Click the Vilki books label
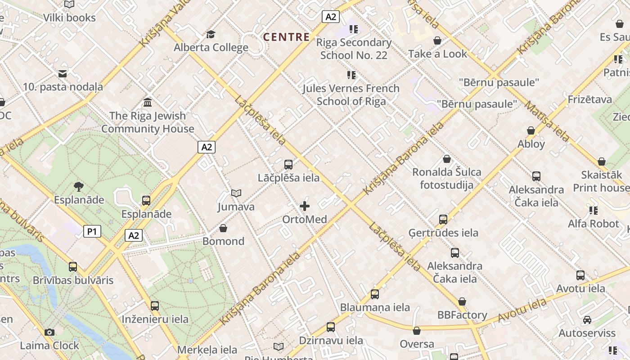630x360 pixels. click(x=69, y=18)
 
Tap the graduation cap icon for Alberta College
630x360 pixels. click(x=211, y=34)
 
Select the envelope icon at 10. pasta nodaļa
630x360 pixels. click(x=63, y=73)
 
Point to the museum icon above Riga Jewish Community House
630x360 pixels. click(x=148, y=103)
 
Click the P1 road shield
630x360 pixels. click(x=92, y=232)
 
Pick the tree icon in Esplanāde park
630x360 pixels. click(x=79, y=186)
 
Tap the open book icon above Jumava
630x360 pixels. click(x=236, y=193)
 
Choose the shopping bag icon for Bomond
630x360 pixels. click(x=223, y=228)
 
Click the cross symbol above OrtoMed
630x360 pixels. click(x=305, y=206)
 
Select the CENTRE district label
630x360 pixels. click(x=287, y=37)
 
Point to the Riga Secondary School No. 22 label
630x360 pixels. click(x=354, y=49)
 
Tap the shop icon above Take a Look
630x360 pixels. click(x=437, y=41)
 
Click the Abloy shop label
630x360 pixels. click(x=531, y=144)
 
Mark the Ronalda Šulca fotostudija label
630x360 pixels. click(x=446, y=178)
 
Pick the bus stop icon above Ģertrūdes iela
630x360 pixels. click(x=443, y=220)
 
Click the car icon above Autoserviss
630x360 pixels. click(x=587, y=320)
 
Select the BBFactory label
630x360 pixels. click(x=462, y=315)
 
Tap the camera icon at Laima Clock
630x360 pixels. click(x=49, y=333)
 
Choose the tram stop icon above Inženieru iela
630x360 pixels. click(x=155, y=306)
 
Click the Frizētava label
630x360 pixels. click(x=589, y=99)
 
